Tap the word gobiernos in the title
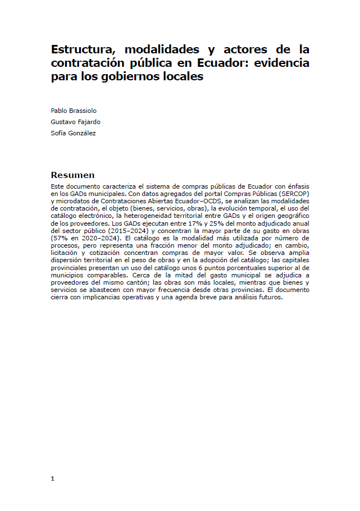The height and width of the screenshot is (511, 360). (145, 76)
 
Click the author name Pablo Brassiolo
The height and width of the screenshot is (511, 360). (74, 111)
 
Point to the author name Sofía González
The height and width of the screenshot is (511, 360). (73, 133)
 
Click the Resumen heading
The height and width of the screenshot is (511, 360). (72, 175)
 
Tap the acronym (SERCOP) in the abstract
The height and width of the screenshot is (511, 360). (293, 194)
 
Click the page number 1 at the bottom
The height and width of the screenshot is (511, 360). (52, 478)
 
